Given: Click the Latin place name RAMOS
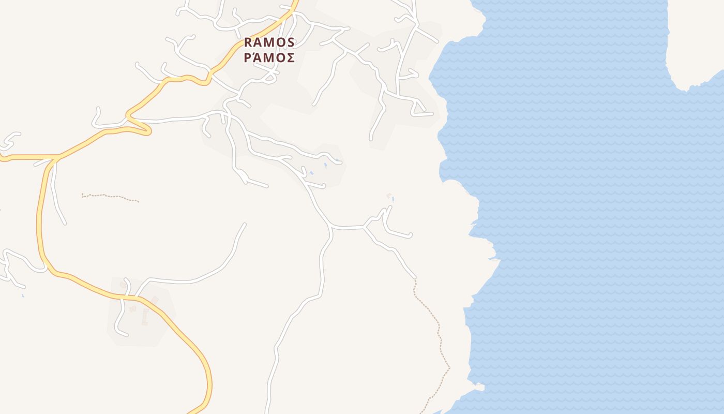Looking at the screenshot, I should (x=269, y=42).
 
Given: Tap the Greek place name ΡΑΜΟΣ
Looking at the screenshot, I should (x=269, y=57).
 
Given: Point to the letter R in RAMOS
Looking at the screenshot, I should (x=248, y=42).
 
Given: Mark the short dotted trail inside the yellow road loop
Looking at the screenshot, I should (x=110, y=197).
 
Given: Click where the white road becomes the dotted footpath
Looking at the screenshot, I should (x=414, y=278).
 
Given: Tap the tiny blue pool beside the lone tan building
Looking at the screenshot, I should (x=393, y=199).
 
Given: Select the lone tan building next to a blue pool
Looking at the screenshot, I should (x=389, y=195).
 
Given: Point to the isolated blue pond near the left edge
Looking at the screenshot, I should (x=23, y=295).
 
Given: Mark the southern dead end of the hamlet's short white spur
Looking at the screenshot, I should (x=123, y=334).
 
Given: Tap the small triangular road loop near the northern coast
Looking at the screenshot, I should (x=419, y=109).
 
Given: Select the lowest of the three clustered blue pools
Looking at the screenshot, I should (x=311, y=173).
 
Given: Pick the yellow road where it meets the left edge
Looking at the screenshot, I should (x=3, y=159).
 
